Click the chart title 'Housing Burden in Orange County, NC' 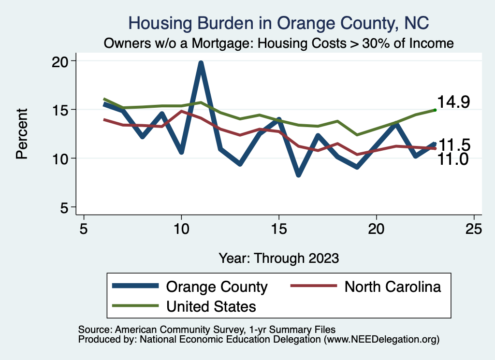tap(279, 23)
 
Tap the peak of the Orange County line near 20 tap(201, 63)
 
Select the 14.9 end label tap(453, 102)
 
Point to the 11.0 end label tap(453, 159)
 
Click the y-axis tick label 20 tap(61, 61)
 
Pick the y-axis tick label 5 tap(66, 207)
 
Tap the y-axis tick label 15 tap(61, 110)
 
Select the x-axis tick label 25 tap(474, 229)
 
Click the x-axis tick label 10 tap(181, 229)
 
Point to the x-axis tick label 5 tap(84, 229)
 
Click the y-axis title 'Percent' tap(22, 134)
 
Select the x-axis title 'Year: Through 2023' tap(278, 258)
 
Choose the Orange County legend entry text tap(217, 287)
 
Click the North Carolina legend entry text tap(393, 287)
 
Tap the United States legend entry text tap(211, 306)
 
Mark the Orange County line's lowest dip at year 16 tap(298, 175)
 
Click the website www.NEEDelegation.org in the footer tap(381, 339)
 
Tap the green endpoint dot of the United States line tap(435, 110)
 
